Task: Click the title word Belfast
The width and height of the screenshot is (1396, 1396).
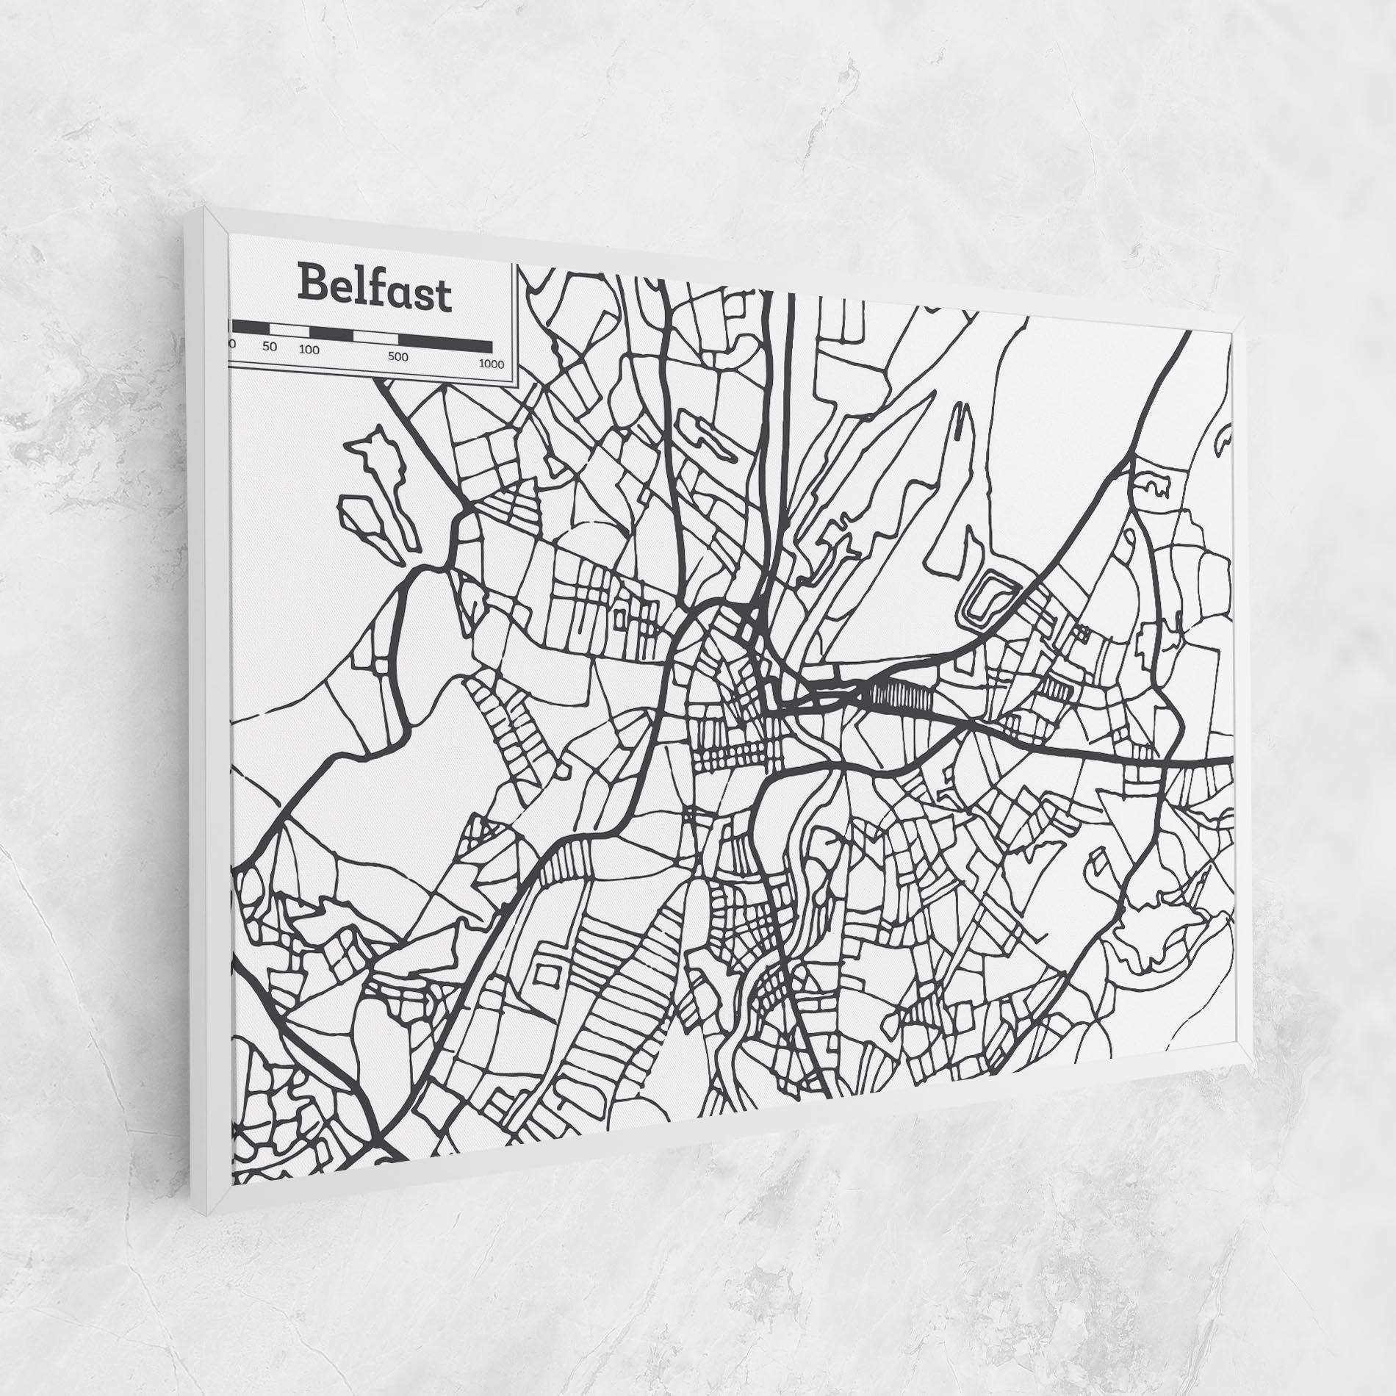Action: click(374, 291)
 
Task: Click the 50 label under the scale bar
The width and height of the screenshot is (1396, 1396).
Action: click(270, 347)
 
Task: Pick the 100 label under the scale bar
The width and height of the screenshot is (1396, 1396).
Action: click(309, 350)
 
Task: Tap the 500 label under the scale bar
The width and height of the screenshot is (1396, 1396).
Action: click(397, 357)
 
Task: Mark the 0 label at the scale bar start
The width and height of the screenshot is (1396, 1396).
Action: click(232, 343)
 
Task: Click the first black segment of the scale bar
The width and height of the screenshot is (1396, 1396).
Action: click(251, 327)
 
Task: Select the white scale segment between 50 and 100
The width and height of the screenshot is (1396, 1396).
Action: click(289, 330)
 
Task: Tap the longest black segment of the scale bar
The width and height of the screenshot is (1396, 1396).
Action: click(445, 343)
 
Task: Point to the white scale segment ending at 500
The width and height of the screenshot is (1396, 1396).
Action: click(375, 337)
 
